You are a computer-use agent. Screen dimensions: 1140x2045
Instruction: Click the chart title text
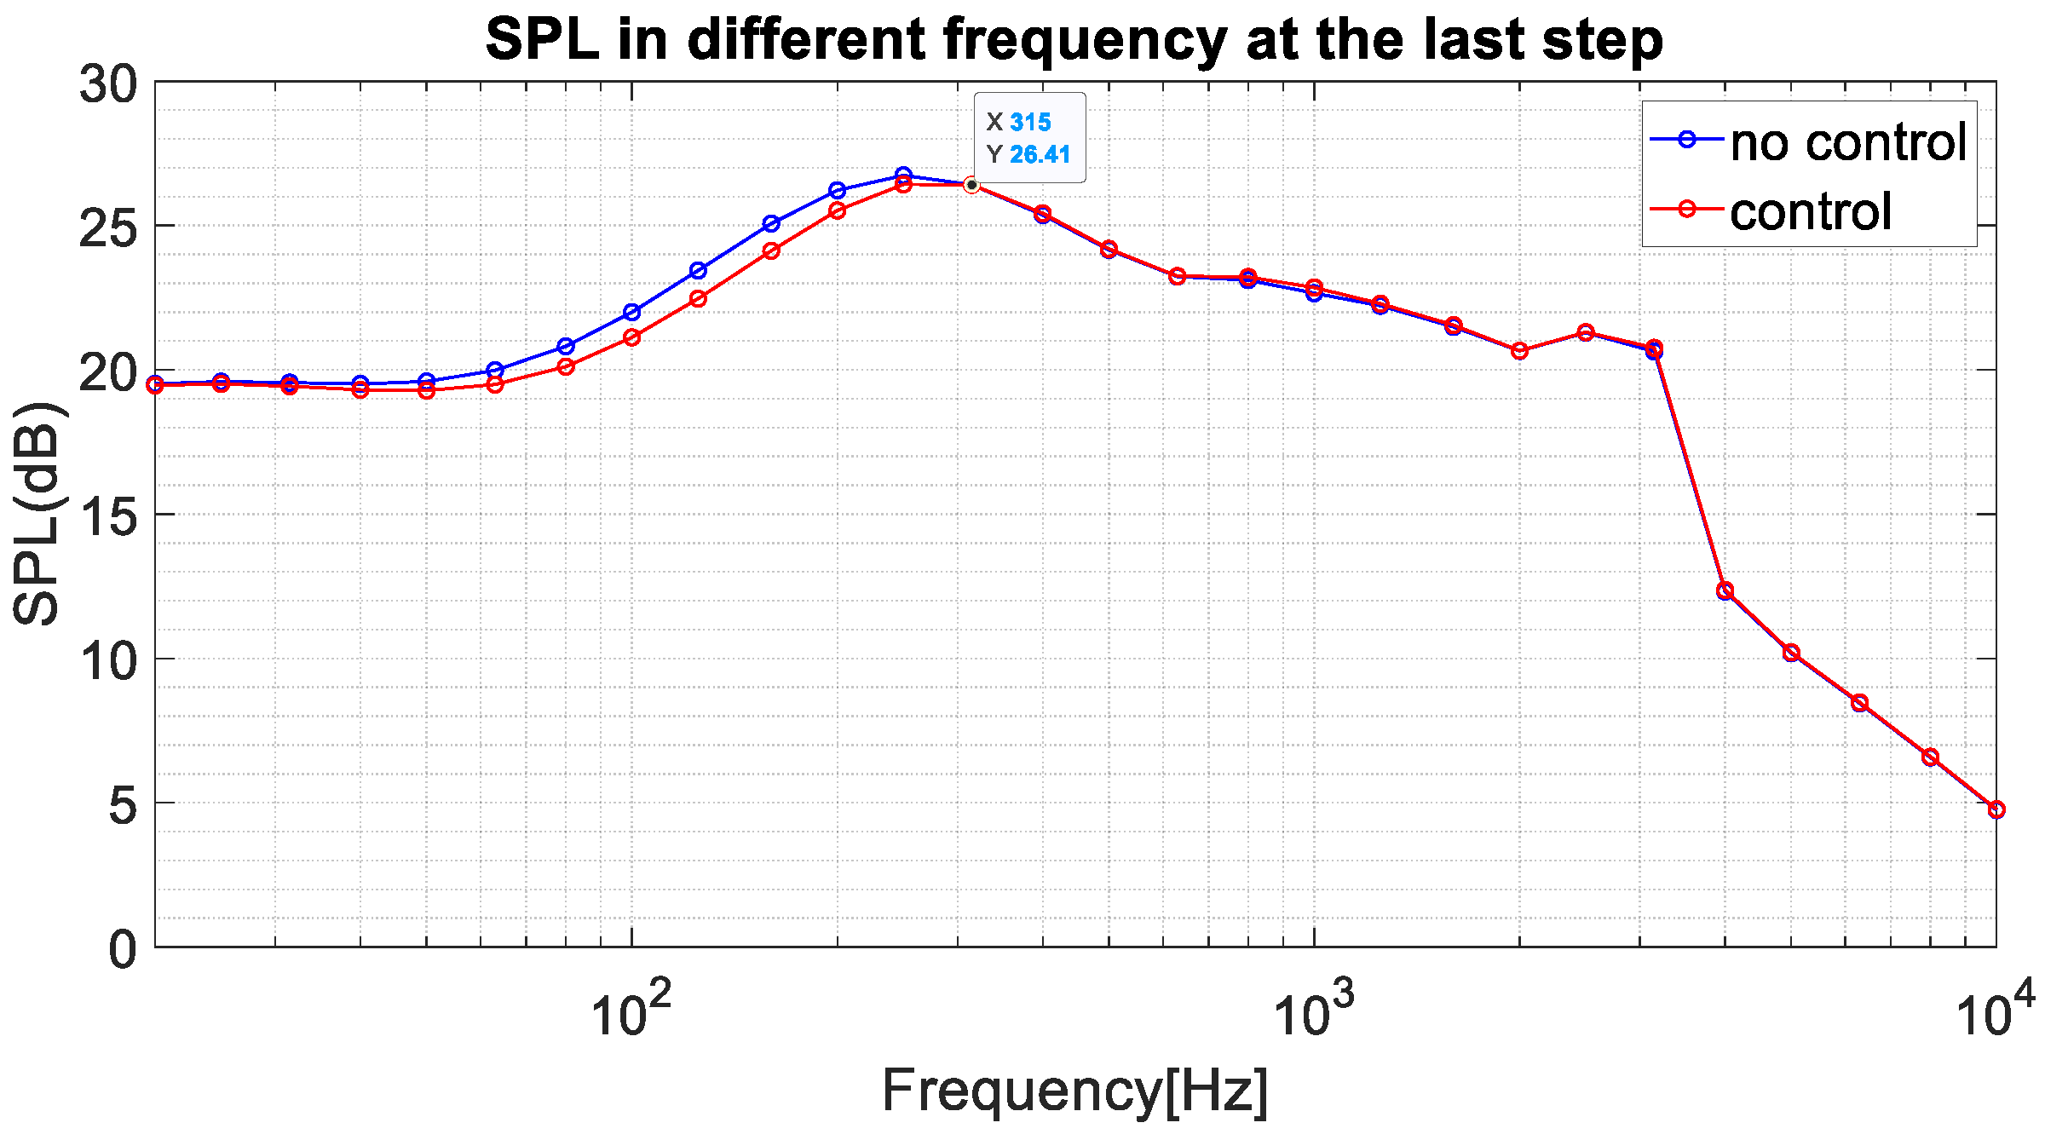[x=1074, y=39]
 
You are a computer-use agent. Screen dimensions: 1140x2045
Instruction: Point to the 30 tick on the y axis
[x=108, y=84]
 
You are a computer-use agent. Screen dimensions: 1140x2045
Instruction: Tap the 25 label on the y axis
[x=108, y=227]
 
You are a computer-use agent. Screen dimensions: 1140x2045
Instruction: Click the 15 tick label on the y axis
[x=108, y=515]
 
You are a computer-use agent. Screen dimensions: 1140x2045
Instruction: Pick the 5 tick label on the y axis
[x=123, y=804]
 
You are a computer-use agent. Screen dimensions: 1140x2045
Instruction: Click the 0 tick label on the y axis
[x=123, y=948]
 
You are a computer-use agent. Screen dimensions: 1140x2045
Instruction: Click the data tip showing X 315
[x=1029, y=137]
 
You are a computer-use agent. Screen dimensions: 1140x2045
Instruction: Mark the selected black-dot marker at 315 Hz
[x=971, y=185]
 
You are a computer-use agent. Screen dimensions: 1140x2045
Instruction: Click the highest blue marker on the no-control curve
[x=903, y=176]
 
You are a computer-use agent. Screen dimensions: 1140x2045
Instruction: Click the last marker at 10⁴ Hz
[x=1996, y=809]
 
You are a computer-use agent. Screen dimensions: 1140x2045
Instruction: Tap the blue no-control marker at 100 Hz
[x=631, y=312]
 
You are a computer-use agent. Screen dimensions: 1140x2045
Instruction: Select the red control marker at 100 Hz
[x=631, y=337]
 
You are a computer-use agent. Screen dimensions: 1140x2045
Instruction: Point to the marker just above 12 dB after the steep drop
[x=1725, y=590]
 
